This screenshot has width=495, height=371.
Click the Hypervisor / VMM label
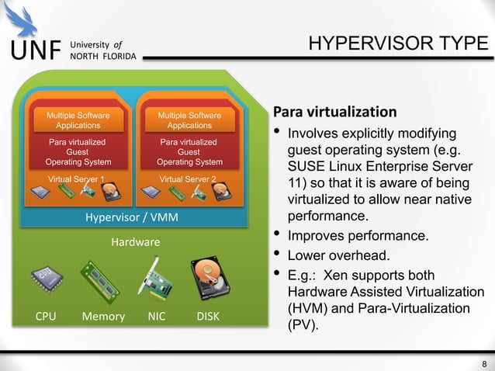point(131,217)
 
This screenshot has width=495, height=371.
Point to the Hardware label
point(136,242)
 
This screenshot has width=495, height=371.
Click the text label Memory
point(103,316)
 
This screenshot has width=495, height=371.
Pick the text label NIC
point(156,316)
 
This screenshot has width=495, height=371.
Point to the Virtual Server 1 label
point(77,178)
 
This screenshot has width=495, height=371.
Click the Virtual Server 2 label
point(188,178)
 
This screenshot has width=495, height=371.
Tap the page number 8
point(484,365)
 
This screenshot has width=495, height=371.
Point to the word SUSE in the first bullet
point(306,166)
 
